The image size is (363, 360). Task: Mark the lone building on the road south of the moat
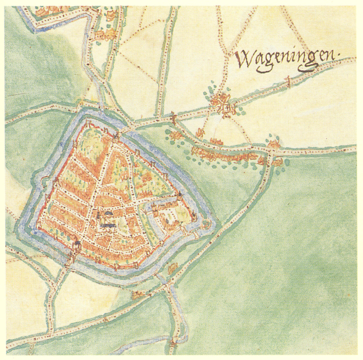(x=138, y=295)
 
